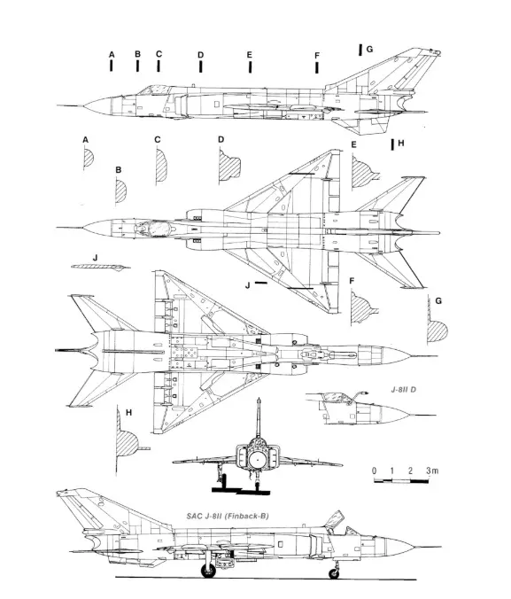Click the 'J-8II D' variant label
coord(403,390)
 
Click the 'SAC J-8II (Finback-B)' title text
coord(228,516)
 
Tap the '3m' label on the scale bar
coord(432,471)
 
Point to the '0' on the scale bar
coord(375,471)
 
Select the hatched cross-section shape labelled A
coord(89,158)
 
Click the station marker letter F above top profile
coord(317,56)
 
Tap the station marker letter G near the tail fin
coord(369,50)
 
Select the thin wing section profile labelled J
coord(100,267)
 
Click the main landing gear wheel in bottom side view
coord(208,572)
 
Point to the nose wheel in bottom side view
coord(334,573)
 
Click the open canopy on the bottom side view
coord(334,519)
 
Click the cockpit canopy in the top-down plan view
coord(158,229)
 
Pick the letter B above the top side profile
coord(137,54)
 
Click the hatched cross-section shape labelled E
coord(365,172)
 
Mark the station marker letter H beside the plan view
coord(400,143)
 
